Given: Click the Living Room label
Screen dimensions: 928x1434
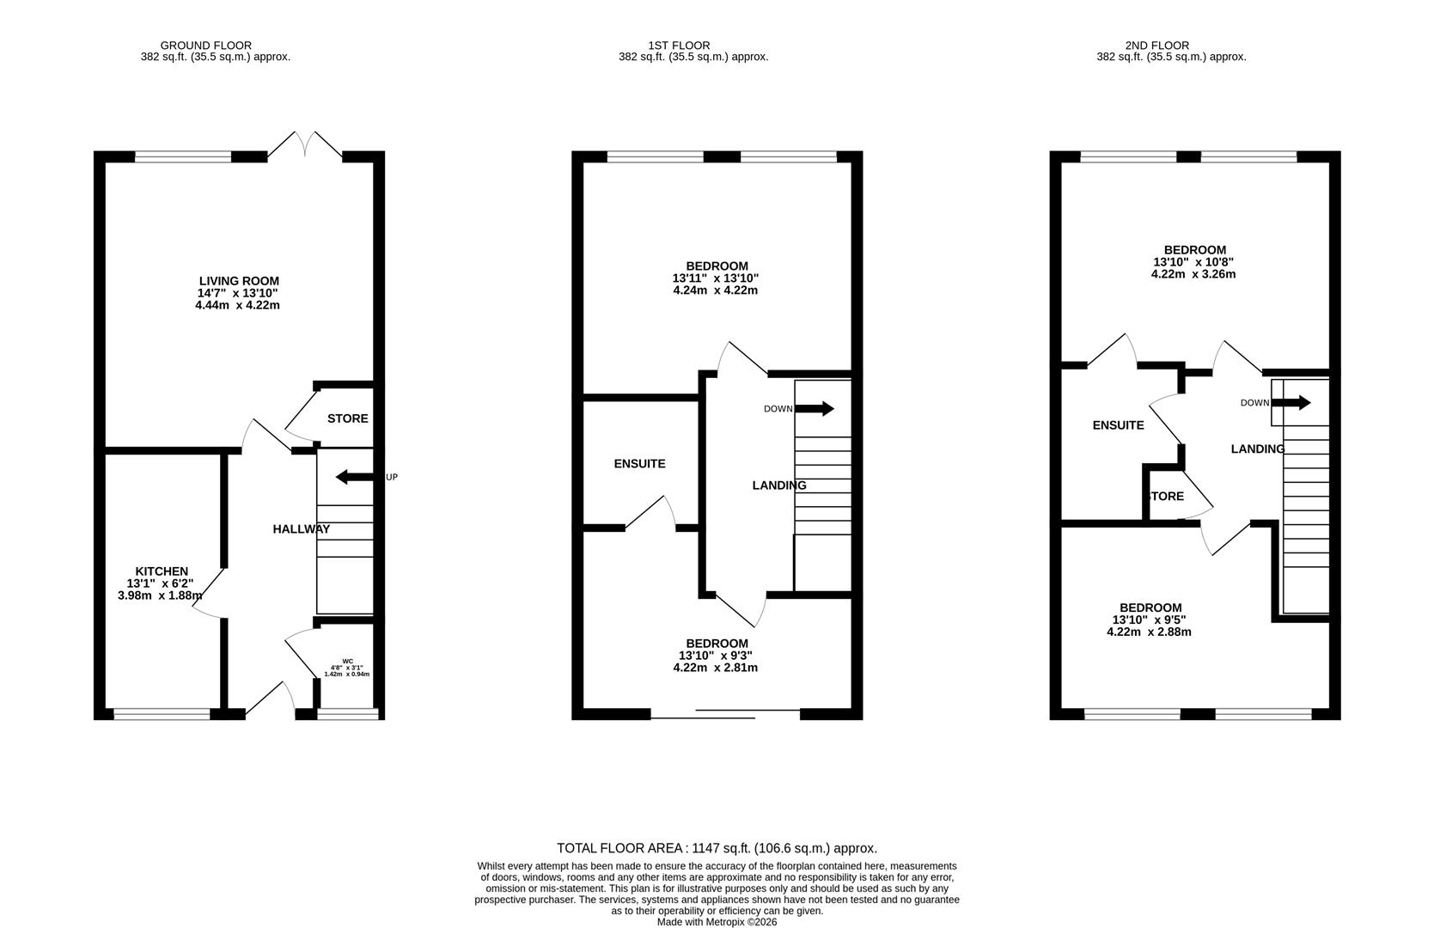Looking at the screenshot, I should point(239,281).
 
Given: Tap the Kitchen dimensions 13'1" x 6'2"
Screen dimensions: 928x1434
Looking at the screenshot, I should point(161,583).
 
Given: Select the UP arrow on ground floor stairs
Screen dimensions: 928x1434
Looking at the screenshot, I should point(353,477).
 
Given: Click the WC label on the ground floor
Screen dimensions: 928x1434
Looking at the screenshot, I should point(347,661).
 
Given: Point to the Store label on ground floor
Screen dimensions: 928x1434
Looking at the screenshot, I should point(347,418).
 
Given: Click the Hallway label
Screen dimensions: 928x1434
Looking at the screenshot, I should point(301,529).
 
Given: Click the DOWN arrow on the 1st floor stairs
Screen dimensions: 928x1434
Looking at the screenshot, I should point(815,408).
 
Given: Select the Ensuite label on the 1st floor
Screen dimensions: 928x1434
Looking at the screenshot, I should point(639,464).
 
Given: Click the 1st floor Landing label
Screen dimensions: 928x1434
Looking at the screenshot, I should point(778,485).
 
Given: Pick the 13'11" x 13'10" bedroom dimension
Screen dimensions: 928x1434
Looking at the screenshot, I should point(716,278).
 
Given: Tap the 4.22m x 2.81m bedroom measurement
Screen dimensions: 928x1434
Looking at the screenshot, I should point(716,668).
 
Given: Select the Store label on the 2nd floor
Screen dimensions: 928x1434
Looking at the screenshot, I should point(1166,497).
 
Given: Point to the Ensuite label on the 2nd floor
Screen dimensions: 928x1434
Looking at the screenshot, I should point(1118,425).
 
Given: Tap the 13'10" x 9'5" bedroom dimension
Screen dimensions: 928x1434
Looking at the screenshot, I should point(1149,620).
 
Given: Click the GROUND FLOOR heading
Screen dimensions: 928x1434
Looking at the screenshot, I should point(206,46).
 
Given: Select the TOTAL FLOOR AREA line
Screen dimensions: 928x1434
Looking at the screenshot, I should point(717,848).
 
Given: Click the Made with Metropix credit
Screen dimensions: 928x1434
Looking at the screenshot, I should point(717,922).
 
